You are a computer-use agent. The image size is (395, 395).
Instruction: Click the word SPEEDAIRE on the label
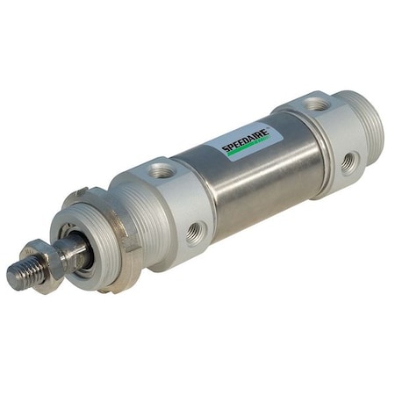245,140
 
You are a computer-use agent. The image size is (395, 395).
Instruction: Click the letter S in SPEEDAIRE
225,150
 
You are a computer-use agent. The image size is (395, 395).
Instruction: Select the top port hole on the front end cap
161,170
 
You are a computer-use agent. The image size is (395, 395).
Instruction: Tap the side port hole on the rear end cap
350,160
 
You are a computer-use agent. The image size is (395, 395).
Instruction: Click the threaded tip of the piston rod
23,273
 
